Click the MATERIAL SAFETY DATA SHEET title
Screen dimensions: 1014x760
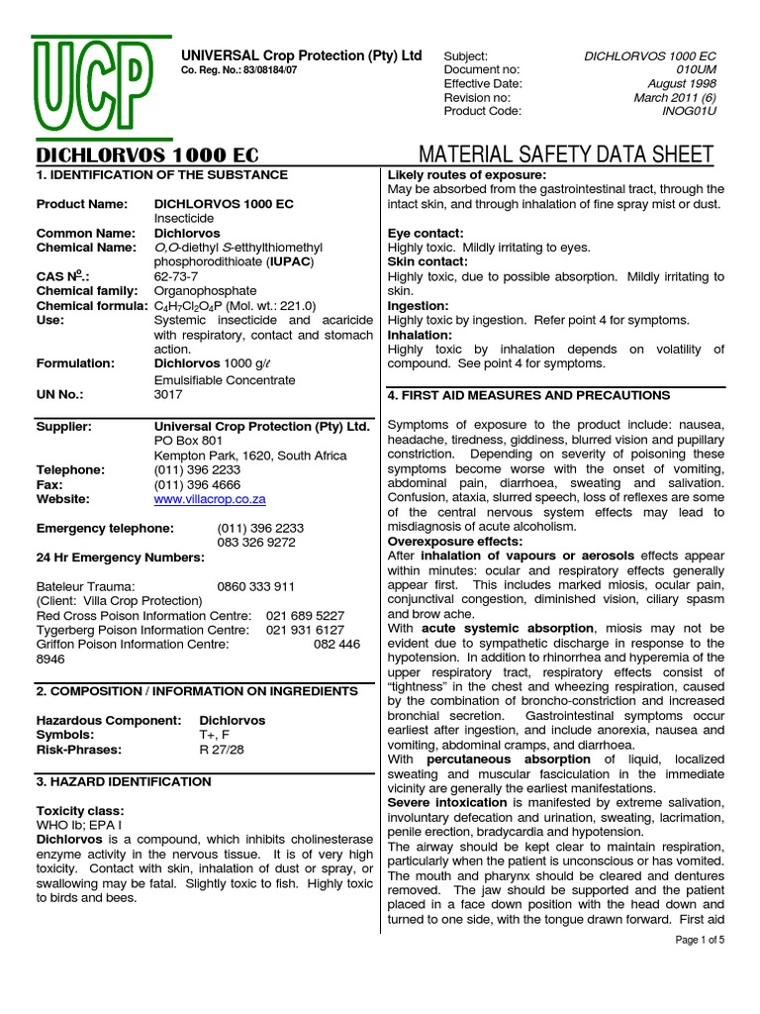coord(566,154)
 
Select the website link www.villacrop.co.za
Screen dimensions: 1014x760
coord(210,500)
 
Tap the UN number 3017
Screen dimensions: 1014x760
coord(170,394)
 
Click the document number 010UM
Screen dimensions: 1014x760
coord(695,70)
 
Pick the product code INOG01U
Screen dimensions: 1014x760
coord(688,112)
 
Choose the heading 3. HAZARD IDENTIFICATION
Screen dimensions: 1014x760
coord(124,781)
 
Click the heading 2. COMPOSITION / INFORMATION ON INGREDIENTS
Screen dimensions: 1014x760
coord(197,690)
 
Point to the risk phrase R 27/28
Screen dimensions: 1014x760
coord(222,750)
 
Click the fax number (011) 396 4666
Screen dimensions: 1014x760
coord(197,485)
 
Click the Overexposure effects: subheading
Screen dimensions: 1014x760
coord(454,542)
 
